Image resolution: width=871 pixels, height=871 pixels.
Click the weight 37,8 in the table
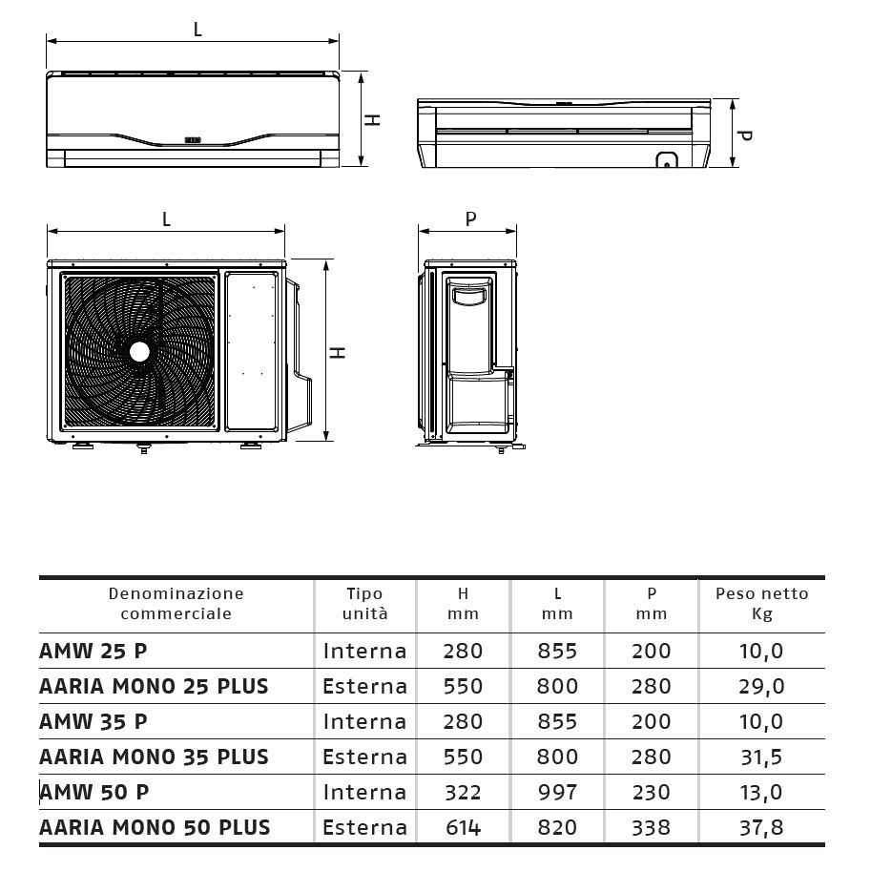761,827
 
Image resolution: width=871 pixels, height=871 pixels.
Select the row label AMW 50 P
94,792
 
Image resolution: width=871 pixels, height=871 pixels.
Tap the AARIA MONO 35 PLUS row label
154,757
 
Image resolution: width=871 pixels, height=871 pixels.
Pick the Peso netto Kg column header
761,604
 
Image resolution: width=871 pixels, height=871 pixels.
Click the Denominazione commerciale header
176,604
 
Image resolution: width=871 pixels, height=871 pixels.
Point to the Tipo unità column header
365,604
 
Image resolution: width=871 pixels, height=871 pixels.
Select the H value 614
463,827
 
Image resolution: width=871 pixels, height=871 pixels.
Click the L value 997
558,792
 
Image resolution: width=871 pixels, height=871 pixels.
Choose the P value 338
653,827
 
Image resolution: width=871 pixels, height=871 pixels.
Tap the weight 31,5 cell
761,757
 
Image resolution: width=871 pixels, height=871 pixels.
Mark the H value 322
463,792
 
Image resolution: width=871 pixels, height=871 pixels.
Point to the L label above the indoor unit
197,29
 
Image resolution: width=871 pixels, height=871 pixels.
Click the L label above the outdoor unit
166,219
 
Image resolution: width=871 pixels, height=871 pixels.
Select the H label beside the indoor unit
374,119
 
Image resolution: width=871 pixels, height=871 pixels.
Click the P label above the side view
469,219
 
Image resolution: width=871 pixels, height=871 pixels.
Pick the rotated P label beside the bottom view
745,135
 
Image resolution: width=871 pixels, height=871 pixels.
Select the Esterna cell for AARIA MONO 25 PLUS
365,686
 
